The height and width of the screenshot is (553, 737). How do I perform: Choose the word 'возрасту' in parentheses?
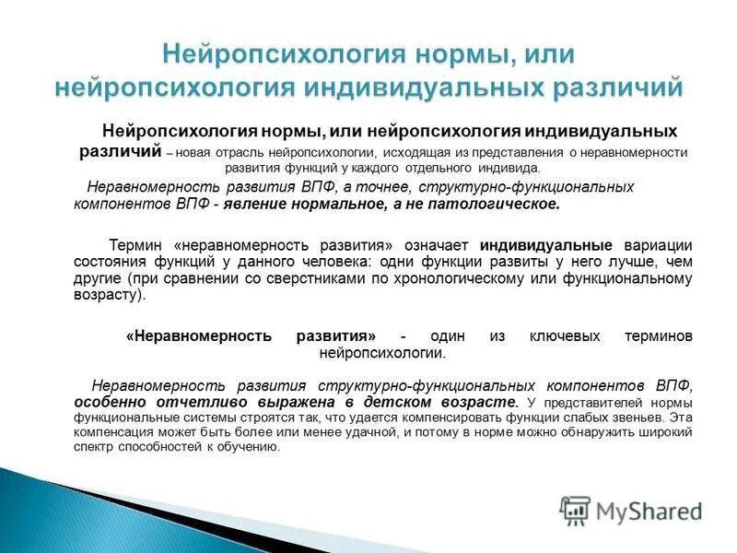(106, 296)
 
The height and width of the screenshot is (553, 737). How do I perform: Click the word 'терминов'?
(655, 336)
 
